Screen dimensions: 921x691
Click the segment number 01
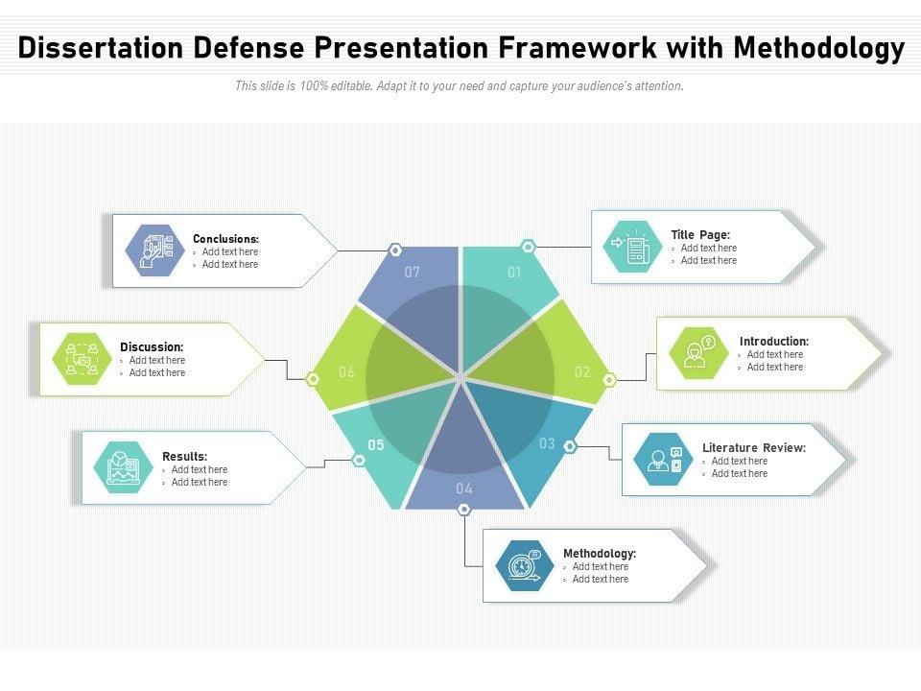point(514,273)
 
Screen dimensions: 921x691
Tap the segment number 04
point(464,488)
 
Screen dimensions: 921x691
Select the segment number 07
point(413,273)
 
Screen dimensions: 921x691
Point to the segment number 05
point(376,444)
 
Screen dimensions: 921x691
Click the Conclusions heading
point(225,239)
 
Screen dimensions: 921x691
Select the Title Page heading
point(700,235)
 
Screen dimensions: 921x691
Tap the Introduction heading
point(773,341)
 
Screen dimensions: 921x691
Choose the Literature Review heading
point(753,448)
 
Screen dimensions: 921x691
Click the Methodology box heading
point(599,554)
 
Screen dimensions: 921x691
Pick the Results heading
point(184,457)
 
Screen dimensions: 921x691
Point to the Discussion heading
point(152,347)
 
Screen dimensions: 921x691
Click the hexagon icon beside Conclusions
point(155,250)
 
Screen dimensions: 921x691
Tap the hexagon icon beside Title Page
point(633,248)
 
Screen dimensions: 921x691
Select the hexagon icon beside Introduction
point(697,353)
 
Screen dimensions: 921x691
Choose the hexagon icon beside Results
point(123,468)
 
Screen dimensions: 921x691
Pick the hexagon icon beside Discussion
point(81,359)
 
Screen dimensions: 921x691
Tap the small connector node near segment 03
point(570,446)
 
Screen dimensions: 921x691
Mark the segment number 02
point(582,372)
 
